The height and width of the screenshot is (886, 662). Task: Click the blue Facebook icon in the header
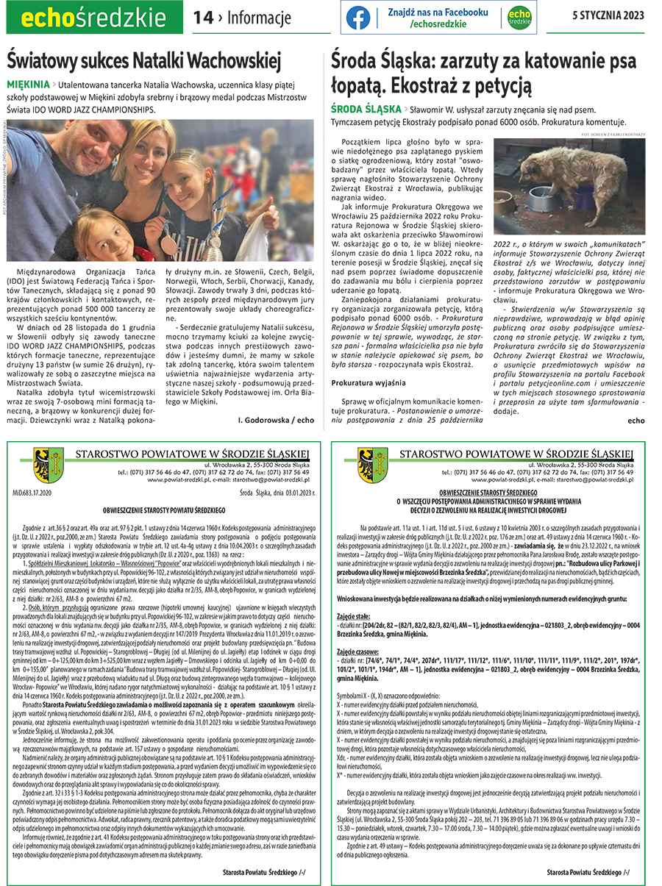pyautogui.click(x=358, y=18)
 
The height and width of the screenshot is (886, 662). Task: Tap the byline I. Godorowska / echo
pyautogui.click(x=276, y=419)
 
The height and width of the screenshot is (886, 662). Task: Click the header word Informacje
pyautogui.click(x=260, y=18)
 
